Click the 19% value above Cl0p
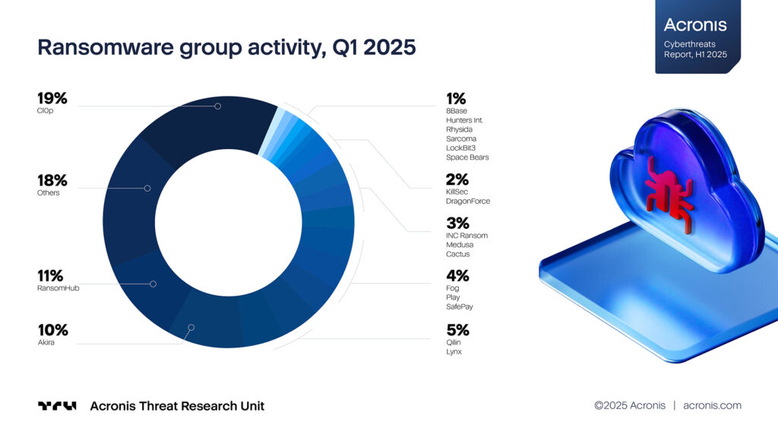coord(52,98)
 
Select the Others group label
coord(49,193)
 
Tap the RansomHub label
coord(59,288)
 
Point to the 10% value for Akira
coord(52,330)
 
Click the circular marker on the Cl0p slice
coord(217,106)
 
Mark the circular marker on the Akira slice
coord(191,328)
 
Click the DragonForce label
coord(468,202)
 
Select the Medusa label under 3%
coord(459,245)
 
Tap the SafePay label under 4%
coord(460,307)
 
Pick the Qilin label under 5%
coord(454,342)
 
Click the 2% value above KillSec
coord(457,180)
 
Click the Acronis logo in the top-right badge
coord(694,25)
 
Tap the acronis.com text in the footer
coord(712,405)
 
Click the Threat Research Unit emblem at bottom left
coord(57,406)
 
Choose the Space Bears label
coord(467,157)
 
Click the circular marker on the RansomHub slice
coord(153,284)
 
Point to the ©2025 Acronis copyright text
coord(629,405)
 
